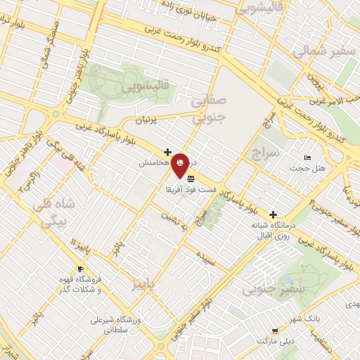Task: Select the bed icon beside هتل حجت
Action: pyautogui.click(x=307, y=157)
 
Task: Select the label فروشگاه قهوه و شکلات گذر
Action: pyautogui.click(x=79, y=285)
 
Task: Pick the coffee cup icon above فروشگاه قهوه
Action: pyautogui.click(x=80, y=269)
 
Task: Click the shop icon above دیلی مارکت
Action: pyautogui.click(x=276, y=329)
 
